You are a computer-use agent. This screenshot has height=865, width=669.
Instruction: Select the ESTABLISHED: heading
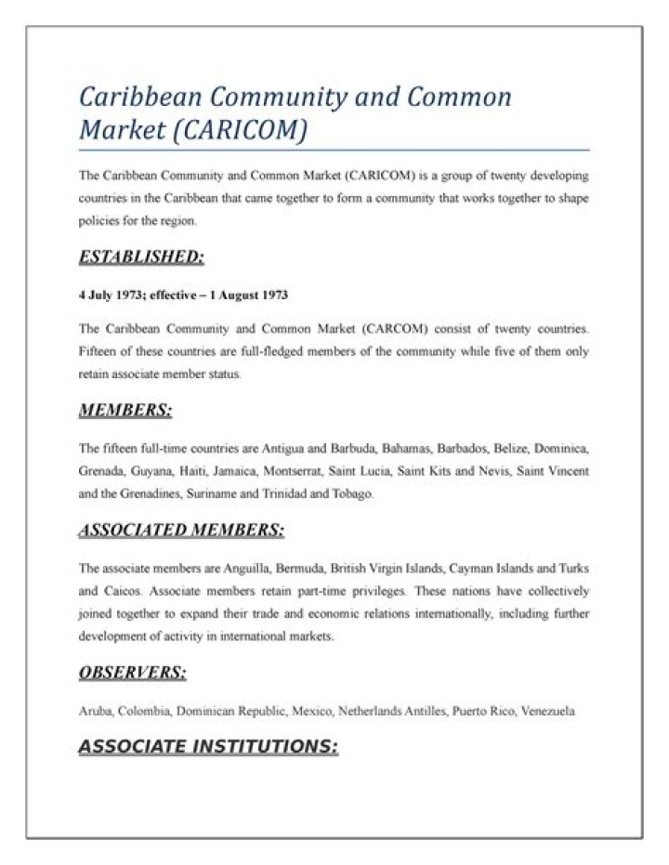tap(141, 256)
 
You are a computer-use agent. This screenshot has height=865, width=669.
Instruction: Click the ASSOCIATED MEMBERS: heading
tap(181, 531)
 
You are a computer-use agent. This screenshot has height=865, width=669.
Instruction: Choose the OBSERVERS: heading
tap(132, 673)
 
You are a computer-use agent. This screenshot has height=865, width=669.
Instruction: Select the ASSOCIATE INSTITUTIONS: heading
tap(208, 746)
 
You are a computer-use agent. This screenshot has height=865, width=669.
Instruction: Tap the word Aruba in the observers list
tap(95, 712)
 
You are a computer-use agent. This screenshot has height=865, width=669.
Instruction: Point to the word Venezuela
tap(548, 712)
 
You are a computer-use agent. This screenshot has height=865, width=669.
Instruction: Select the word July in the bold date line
tap(101, 295)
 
